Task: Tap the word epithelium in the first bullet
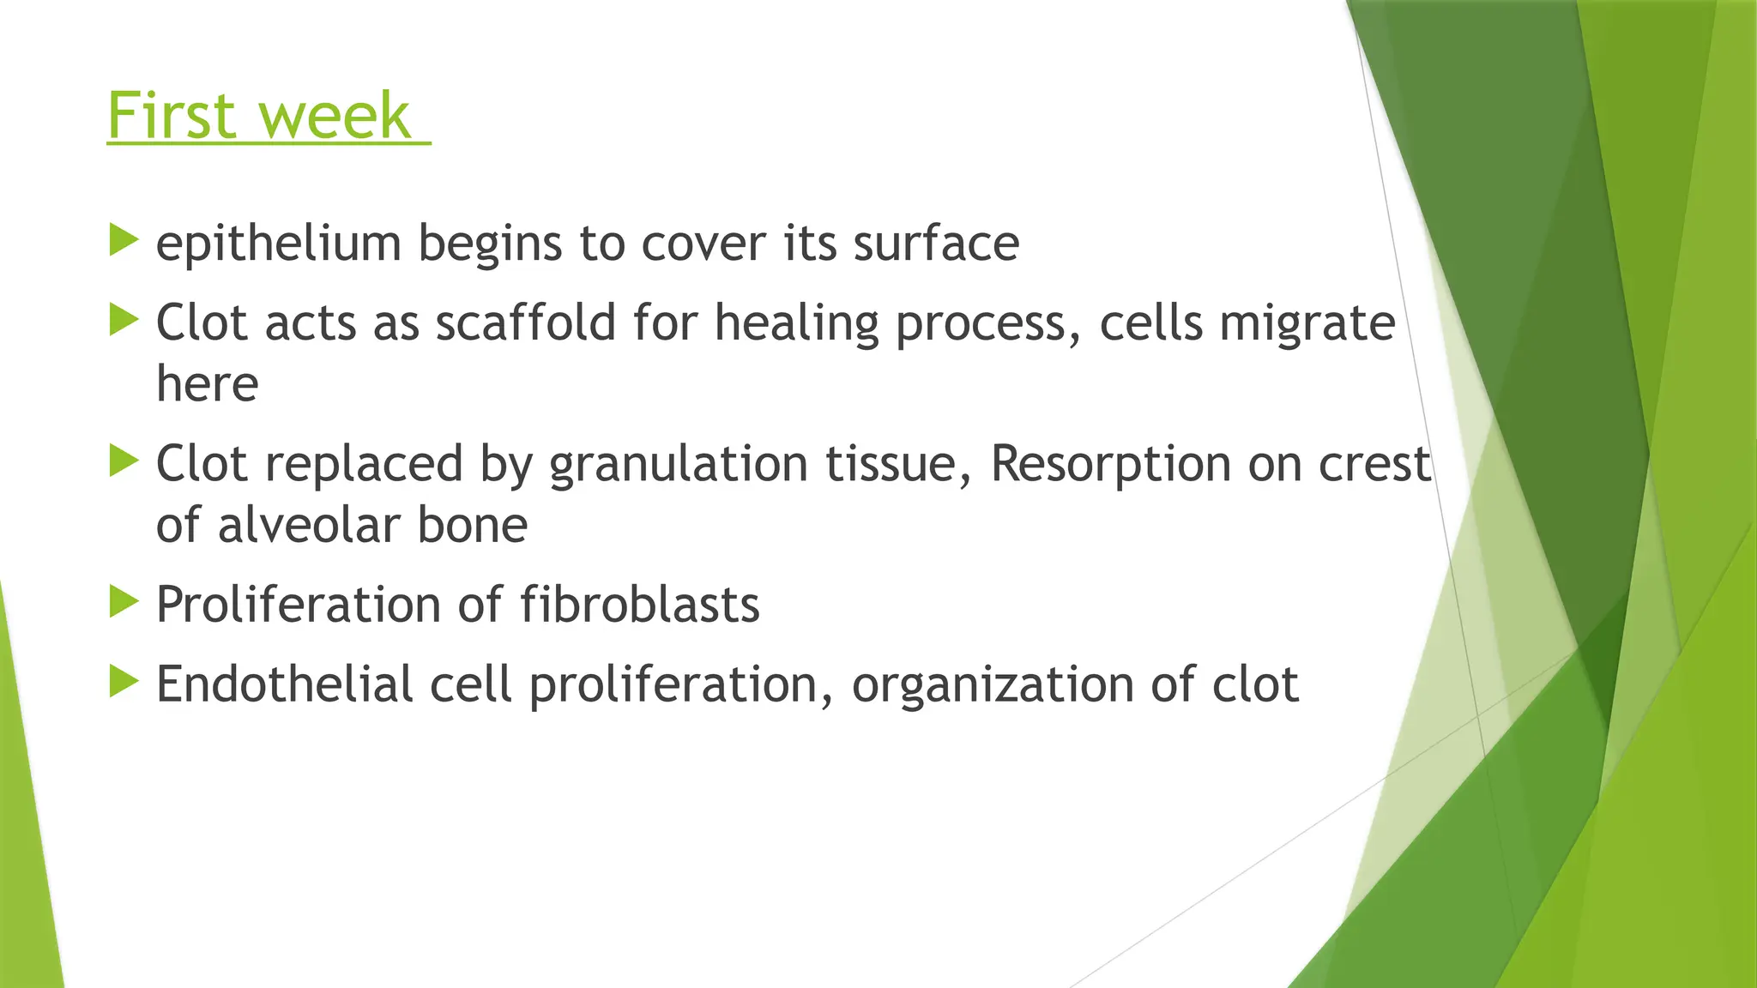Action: pos(278,244)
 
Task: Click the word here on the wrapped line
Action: pos(207,383)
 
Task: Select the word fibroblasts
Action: pos(639,605)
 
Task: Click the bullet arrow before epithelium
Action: pos(124,240)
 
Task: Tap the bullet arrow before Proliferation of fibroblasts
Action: pos(124,602)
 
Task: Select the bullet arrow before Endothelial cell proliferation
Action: pos(124,682)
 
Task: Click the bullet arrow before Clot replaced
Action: pos(124,461)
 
